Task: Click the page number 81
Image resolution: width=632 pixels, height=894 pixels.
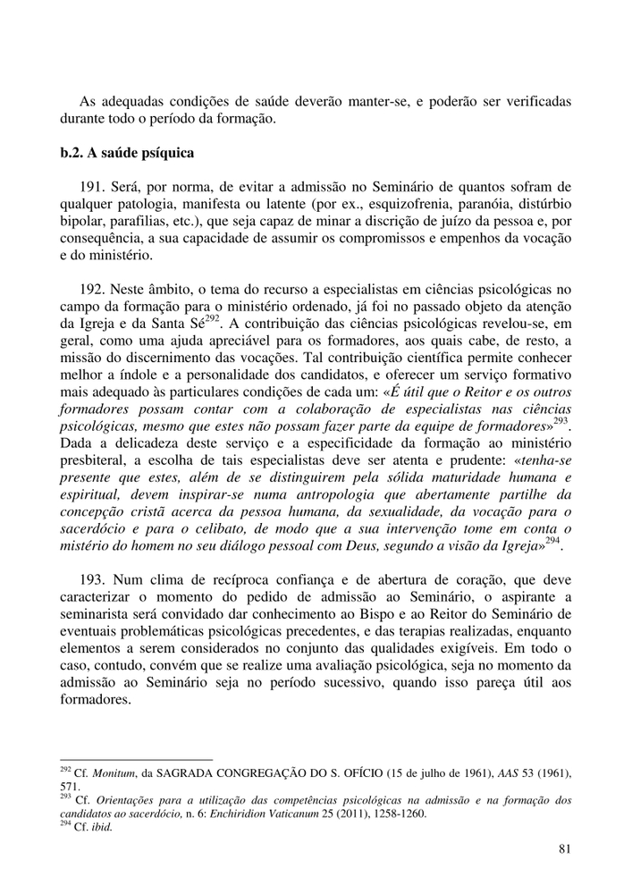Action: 563,849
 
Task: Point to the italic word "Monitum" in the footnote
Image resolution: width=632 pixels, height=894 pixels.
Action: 105,771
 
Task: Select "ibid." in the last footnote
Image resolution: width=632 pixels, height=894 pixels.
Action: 100,828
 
